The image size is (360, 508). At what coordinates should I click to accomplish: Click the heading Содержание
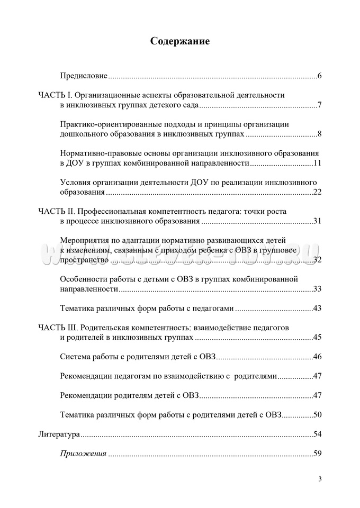coord(179,41)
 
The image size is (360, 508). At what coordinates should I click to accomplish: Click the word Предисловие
coord(84,76)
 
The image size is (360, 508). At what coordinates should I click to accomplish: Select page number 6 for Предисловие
coord(320,76)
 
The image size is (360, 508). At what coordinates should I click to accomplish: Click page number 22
coord(317,192)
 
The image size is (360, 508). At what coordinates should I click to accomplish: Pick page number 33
coord(317,288)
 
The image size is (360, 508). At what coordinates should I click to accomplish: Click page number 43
coord(317,308)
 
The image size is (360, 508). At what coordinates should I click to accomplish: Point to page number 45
coord(317,337)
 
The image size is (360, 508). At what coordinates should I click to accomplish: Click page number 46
coord(317,357)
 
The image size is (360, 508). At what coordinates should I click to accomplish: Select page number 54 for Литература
coord(317,434)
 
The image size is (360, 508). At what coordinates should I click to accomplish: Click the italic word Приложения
coord(84,453)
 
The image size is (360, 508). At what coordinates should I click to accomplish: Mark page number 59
coord(317,453)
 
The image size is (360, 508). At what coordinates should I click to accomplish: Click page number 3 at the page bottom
coord(320,479)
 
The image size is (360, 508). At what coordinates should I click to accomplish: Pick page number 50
coord(317,414)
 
